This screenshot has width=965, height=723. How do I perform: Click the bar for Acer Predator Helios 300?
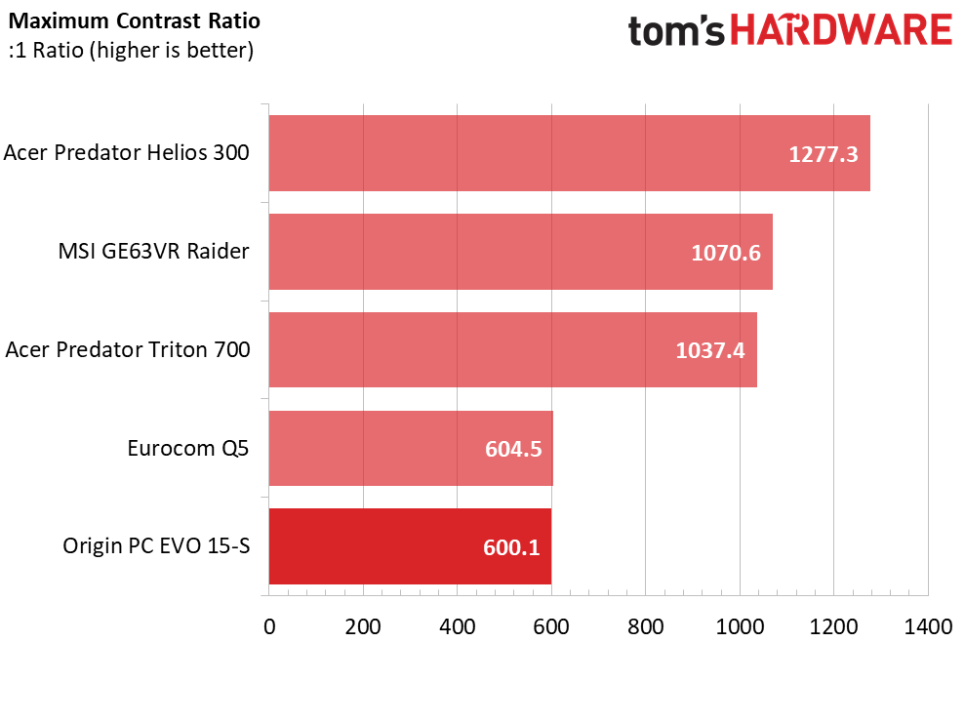point(569,153)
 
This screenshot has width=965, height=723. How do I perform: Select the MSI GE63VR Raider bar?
point(521,252)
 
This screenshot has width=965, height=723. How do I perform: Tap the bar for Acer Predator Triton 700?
point(512,349)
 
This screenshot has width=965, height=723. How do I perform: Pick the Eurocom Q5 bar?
point(411,448)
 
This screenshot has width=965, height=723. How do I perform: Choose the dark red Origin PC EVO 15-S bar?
point(410,546)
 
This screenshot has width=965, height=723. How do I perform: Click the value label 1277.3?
point(824,154)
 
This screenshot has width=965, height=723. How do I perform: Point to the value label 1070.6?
point(726,253)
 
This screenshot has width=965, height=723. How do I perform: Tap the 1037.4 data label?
point(710,350)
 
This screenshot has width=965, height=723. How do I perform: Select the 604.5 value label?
point(513,449)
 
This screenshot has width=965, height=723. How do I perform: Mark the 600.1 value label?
point(511,547)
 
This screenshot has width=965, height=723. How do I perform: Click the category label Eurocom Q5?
point(188,449)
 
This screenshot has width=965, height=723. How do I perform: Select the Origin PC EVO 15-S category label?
point(156,546)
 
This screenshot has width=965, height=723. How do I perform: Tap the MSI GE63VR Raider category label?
point(154,252)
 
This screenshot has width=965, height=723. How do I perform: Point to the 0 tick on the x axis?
point(269,627)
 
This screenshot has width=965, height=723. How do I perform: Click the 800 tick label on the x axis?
point(646,627)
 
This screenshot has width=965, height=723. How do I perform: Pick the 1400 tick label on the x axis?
point(928,627)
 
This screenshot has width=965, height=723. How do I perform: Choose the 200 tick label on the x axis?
point(363,627)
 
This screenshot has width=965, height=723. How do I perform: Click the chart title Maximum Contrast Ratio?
point(135,20)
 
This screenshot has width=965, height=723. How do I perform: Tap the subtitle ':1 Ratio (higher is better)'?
point(131,51)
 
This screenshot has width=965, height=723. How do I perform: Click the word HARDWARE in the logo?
point(841,30)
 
